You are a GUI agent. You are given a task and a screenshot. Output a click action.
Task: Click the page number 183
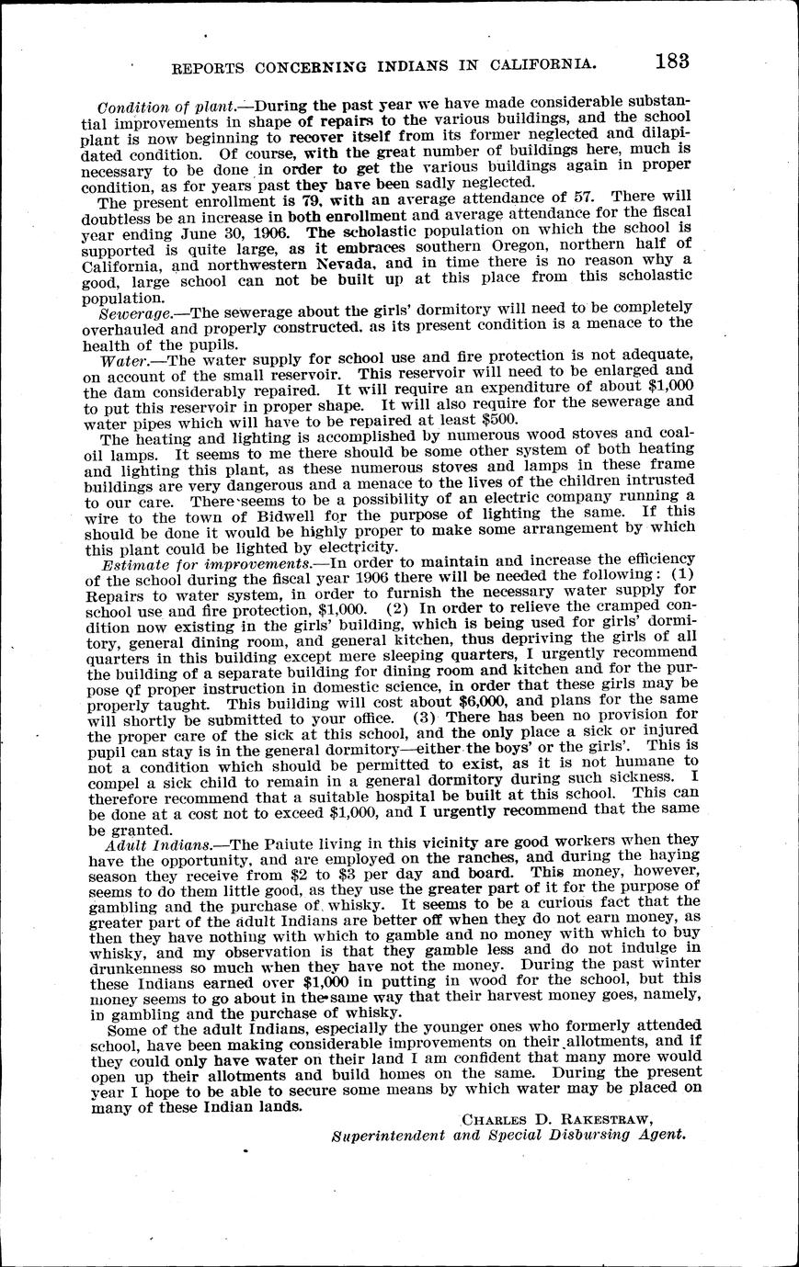point(673,62)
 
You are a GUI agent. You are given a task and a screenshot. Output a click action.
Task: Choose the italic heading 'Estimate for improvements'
point(206,562)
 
